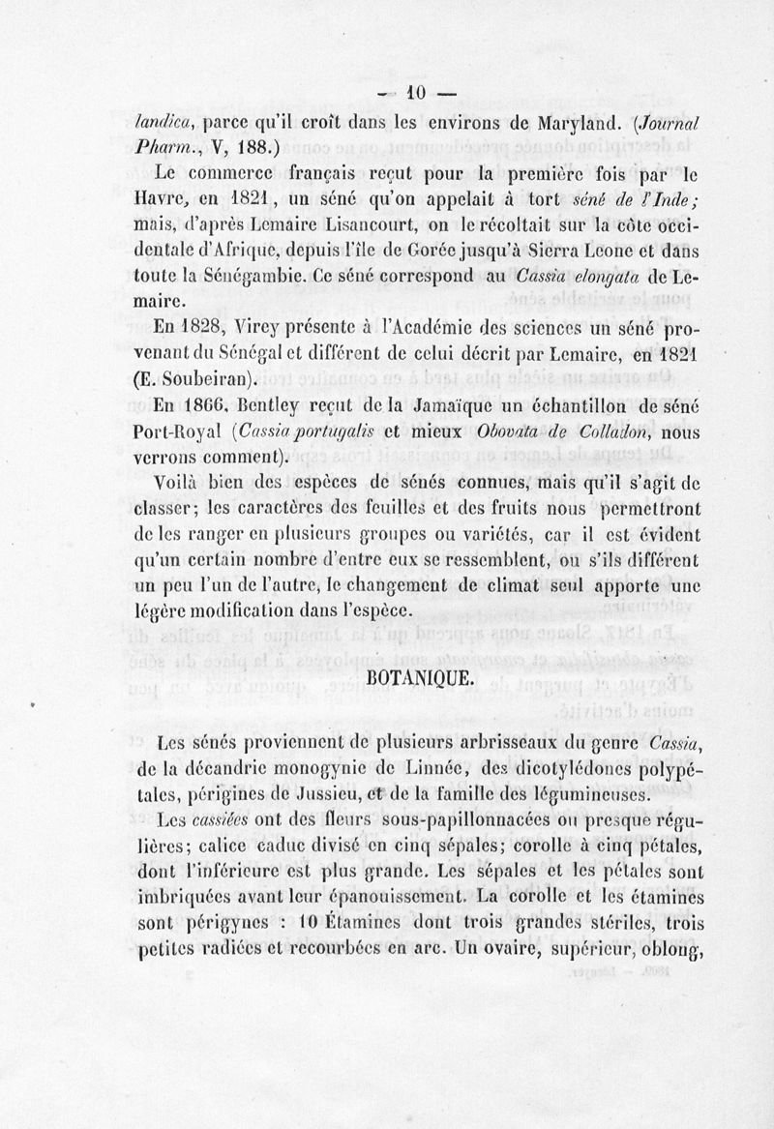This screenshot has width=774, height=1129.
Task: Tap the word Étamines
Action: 336,923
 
